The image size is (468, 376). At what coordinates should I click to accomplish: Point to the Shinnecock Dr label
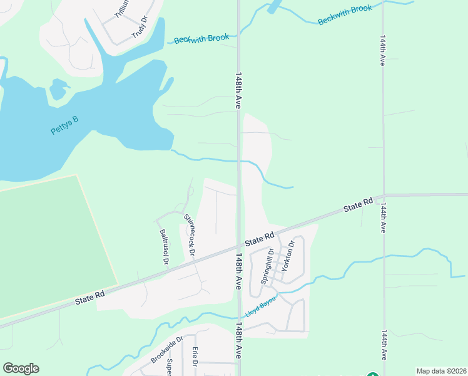pyautogui.click(x=189, y=236)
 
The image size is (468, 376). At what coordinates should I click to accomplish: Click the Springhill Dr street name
pyautogui.click(x=267, y=267)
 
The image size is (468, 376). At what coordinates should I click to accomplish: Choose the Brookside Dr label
pyautogui.click(x=166, y=350)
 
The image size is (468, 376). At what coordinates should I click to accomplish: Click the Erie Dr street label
pyautogui.click(x=195, y=355)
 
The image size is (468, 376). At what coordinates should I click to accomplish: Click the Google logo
pyautogui.click(x=21, y=368)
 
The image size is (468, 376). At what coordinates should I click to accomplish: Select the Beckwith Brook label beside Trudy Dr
pyautogui.click(x=201, y=39)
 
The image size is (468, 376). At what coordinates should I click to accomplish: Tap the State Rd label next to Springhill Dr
pyautogui.click(x=260, y=239)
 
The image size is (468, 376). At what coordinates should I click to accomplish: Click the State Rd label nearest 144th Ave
pyautogui.click(x=358, y=205)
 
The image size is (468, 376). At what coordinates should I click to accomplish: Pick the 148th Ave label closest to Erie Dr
pyautogui.click(x=238, y=342)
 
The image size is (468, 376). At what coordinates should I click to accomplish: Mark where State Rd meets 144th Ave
pyautogui.click(x=384, y=195)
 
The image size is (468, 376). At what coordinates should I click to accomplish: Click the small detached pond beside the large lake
pyautogui.click(x=58, y=89)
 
